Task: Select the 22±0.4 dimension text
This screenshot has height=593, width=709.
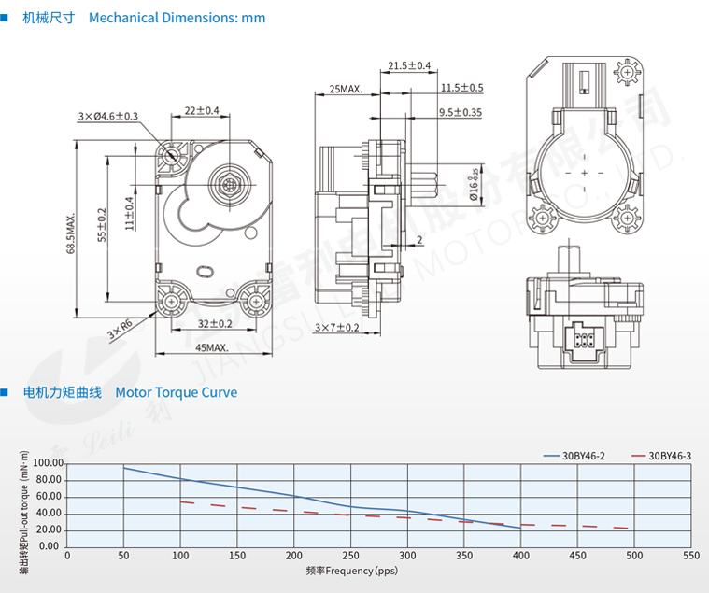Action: pos(201,110)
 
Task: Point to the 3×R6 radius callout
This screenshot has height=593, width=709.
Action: pos(119,328)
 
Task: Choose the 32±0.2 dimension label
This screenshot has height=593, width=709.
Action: pos(215,324)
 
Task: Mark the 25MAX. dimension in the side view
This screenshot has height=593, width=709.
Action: pos(346,90)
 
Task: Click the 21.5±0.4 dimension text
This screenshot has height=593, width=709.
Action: pos(409,65)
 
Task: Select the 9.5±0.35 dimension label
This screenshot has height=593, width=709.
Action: pos(461,112)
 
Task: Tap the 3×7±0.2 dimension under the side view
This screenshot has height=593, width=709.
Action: pos(337,328)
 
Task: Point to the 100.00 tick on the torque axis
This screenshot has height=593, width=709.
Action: pos(47,463)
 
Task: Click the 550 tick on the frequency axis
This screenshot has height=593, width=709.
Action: pos(690,555)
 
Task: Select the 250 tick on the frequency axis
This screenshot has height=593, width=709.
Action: pos(350,555)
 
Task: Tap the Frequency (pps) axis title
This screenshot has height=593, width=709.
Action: pos(352,570)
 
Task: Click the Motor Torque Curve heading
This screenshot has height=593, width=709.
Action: pos(176,392)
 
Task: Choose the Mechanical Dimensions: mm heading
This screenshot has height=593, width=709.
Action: pos(177,18)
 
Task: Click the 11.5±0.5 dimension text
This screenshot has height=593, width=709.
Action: pos(461,88)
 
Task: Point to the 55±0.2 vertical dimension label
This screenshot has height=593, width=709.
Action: pos(101,225)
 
